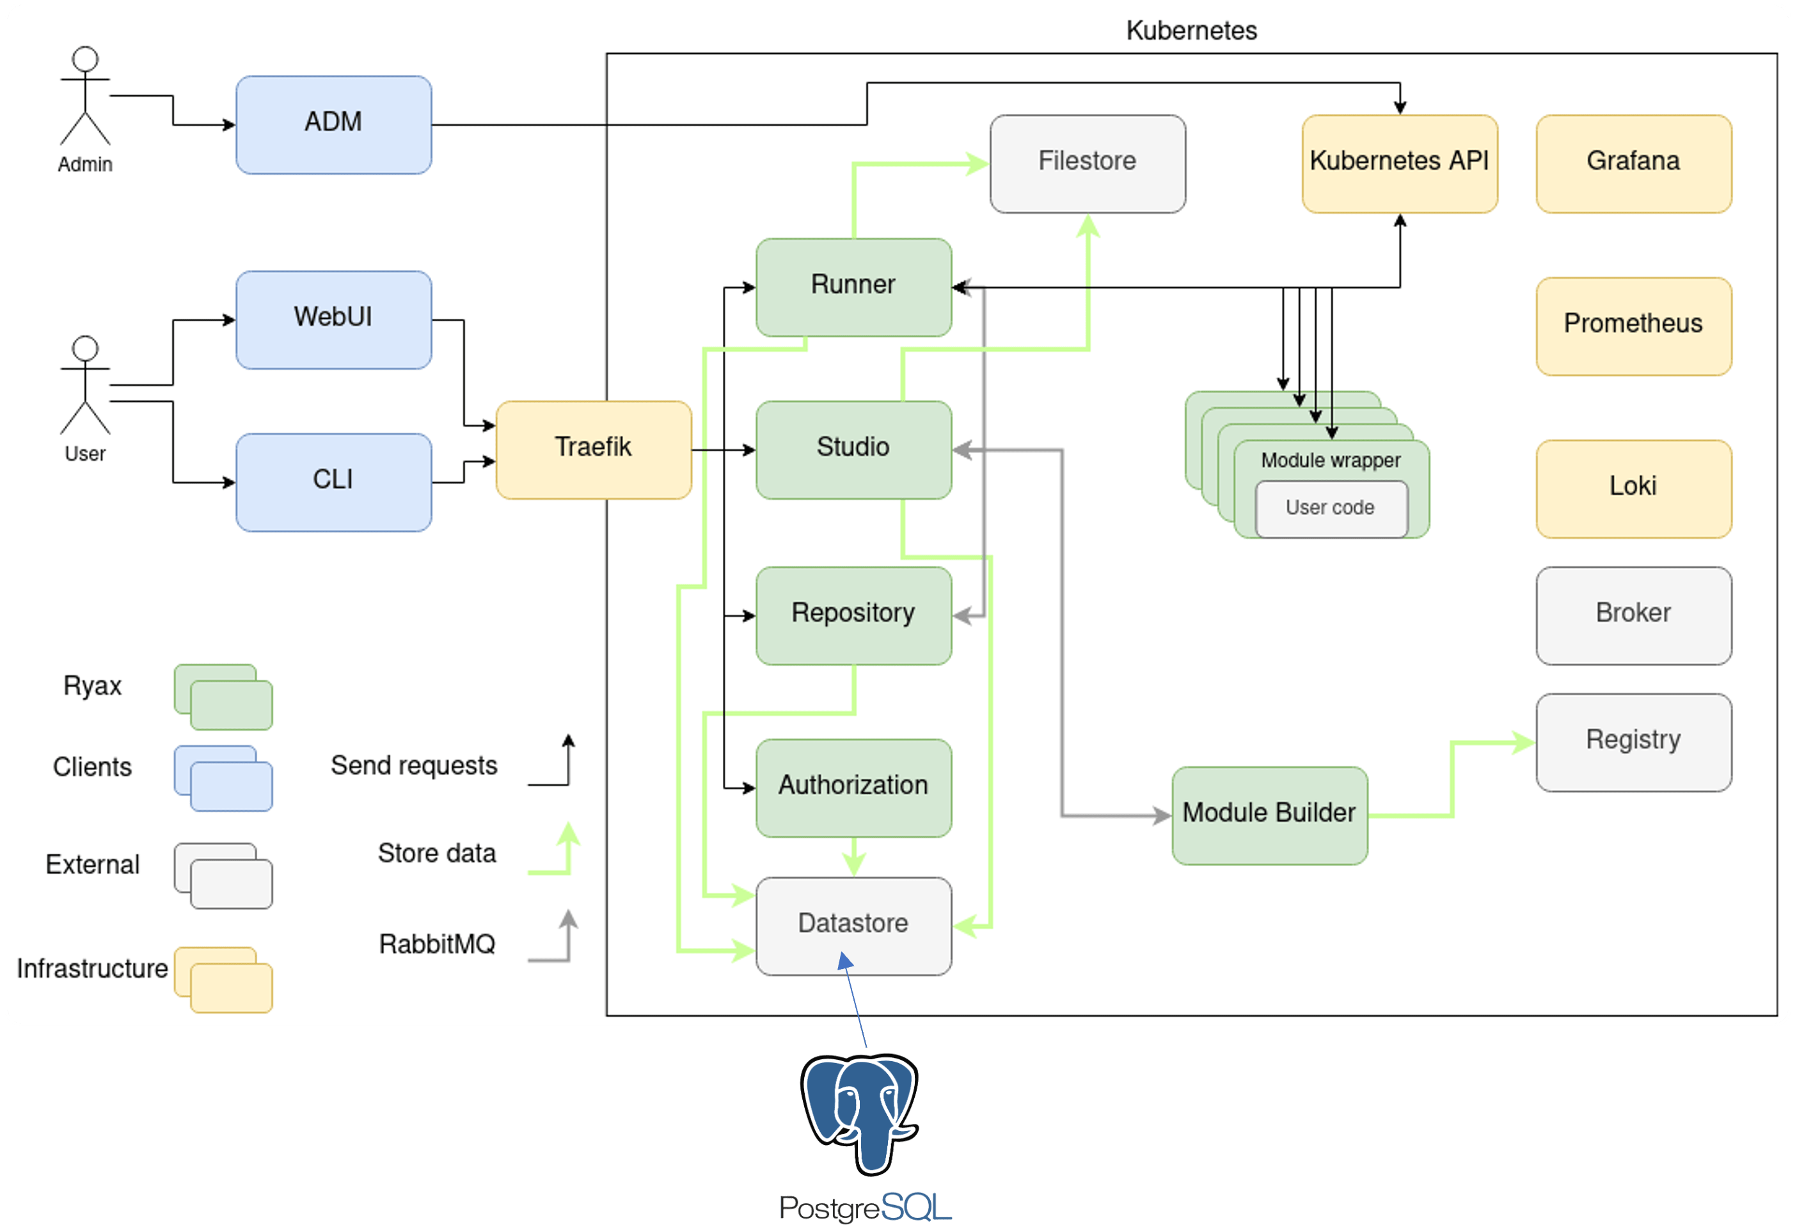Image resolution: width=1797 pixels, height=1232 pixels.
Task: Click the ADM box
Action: tap(333, 125)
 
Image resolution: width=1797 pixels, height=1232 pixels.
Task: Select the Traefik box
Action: tap(593, 449)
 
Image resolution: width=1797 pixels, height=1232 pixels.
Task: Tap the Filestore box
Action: tap(1087, 163)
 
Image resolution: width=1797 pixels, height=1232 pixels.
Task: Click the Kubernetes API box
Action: tap(1399, 163)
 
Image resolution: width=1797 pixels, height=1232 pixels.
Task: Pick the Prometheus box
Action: tap(1633, 326)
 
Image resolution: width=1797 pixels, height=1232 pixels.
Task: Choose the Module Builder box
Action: tap(1269, 815)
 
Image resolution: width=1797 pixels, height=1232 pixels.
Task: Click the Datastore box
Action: tap(853, 925)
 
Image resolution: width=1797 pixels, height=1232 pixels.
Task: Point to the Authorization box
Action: tap(853, 787)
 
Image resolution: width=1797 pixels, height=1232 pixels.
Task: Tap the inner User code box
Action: tap(1331, 508)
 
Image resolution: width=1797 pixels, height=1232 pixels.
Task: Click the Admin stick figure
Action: tap(85, 97)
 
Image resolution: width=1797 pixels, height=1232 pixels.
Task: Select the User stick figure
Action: tap(85, 386)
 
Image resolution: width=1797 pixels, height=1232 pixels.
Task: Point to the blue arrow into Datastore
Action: tap(855, 1002)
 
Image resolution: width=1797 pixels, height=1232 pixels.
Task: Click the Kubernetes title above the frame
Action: tap(1191, 31)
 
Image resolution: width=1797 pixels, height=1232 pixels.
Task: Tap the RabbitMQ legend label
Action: tap(437, 944)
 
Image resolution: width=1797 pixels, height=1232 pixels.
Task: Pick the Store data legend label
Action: tap(437, 853)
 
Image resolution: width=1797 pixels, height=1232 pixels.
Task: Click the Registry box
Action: tap(1633, 742)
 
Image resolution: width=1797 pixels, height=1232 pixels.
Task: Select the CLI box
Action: tap(333, 482)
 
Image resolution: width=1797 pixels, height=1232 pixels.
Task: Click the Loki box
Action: tap(1633, 488)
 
